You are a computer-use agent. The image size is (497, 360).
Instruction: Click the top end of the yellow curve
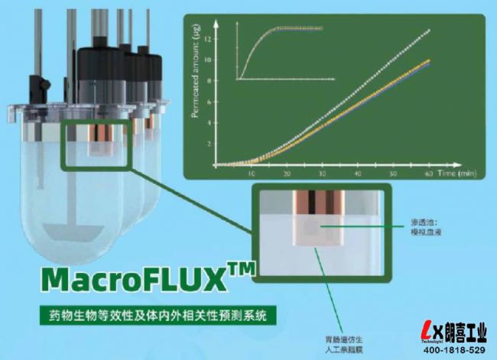click(430, 60)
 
